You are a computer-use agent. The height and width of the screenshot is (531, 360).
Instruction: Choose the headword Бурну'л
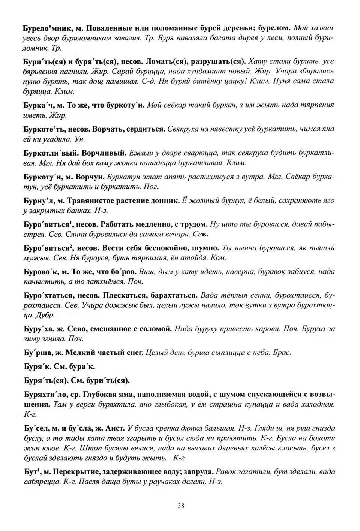[x=39, y=200]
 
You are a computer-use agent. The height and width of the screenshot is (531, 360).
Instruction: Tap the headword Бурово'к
[x=40, y=272]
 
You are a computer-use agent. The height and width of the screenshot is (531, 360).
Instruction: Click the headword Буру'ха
[x=38, y=329]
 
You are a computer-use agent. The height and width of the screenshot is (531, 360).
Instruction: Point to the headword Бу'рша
[x=36, y=353]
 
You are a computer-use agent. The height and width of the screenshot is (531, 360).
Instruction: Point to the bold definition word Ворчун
[x=91, y=177]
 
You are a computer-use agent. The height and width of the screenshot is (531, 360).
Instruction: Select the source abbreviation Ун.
[x=80, y=139]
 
